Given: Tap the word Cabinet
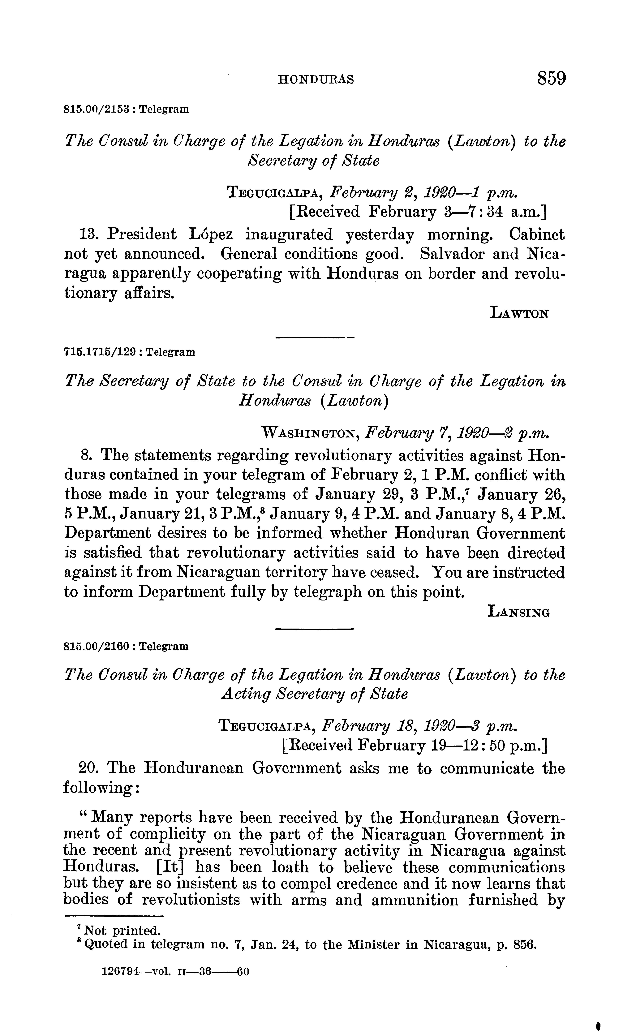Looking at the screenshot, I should pos(537,234).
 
